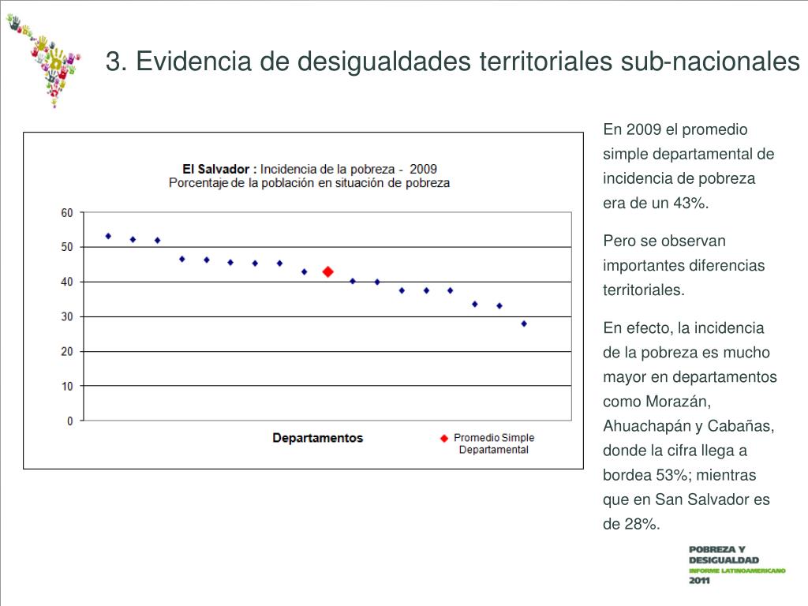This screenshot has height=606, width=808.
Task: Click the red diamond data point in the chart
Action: tap(328, 271)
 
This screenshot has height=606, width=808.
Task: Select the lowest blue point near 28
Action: tap(524, 324)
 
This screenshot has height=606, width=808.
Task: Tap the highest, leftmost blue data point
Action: tap(108, 236)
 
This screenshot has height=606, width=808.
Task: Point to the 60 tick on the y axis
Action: tap(66, 213)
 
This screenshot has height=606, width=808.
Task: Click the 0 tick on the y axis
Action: tap(69, 421)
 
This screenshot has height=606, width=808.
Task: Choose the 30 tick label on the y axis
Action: tap(66, 316)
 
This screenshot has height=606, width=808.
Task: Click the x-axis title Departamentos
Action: tap(317, 438)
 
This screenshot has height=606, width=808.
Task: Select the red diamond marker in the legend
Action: tap(444, 438)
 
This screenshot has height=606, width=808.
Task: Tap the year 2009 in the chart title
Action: tap(423, 169)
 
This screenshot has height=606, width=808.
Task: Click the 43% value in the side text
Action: tap(690, 203)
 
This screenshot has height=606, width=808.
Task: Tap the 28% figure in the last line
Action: tap(642, 524)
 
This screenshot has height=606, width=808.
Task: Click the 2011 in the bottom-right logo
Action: tap(699, 581)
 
